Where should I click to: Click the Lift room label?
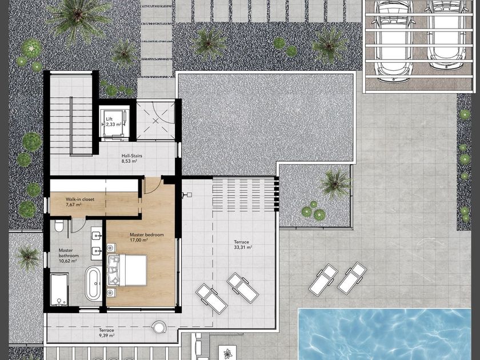[x=109, y=119]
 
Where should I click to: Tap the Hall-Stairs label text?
[x=131, y=156]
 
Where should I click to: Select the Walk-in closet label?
[x=80, y=199]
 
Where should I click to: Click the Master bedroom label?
[x=147, y=235]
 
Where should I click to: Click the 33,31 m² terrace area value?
[x=243, y=247]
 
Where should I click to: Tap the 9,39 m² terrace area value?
[x=106, y=335]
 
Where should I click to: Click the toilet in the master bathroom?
[x=59, y=226]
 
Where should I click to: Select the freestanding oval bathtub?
[x=93, y=283]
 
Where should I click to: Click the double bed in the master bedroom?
[x=127, y=270]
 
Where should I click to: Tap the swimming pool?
[x=385, y=334]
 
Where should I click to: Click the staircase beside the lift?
[x=71, y=126]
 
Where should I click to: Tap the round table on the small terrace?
[x=159, y=327]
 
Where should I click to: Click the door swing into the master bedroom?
[x=152, y=185]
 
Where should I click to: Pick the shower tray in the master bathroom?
[x=59, y=290]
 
